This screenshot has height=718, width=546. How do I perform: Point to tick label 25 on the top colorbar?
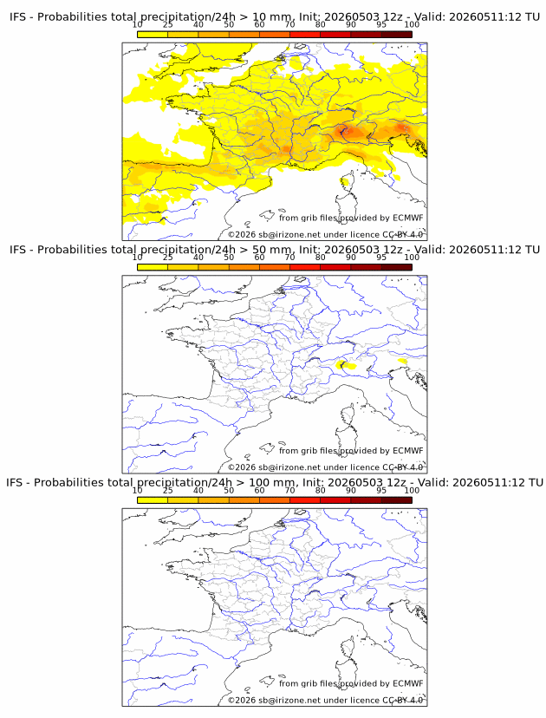click(x=168, y=24)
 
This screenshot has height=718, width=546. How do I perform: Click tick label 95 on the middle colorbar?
click(x=381, y=257)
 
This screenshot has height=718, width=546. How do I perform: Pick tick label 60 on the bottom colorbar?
click(x=259, y=490)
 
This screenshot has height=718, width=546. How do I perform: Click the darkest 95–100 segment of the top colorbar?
click(x=397, y=35)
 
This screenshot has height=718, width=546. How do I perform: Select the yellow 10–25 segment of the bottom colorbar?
click(x=153, y=500)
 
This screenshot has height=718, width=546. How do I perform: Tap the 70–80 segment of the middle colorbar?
click(x=305, y=267)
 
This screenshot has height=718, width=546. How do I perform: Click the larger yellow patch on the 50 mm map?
click(x=346, y=365)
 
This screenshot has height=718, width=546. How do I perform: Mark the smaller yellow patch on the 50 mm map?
click(x=402, y=362)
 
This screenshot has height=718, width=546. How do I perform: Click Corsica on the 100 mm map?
click(x=348, y=647)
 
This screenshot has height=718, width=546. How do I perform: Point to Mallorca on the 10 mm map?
click(x=266, y=215)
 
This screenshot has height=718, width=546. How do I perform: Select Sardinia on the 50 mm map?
click(x=344, y=441)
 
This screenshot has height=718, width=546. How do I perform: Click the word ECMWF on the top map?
click(x=408, y=218)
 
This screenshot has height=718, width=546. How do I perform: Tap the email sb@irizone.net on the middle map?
click(x=289, y=467)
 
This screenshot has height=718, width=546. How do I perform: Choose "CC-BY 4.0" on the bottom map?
click(x=403, y=700)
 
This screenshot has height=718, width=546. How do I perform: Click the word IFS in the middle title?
click(x=17, y=250)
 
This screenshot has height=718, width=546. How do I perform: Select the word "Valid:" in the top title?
click(x=429, y=17)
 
